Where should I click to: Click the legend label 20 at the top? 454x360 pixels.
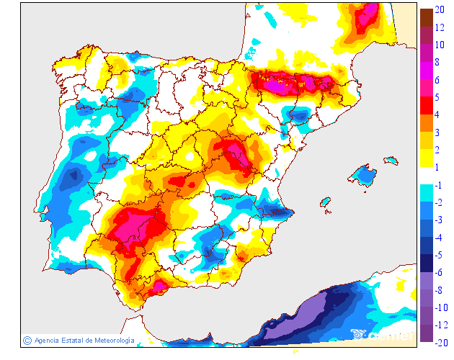pyautogui.click(x=439, y=9)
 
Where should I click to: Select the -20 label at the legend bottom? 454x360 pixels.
pyautogui.click(x=441, y=341)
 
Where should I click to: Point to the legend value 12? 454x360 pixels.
pyautogui.click(x=439, y=27)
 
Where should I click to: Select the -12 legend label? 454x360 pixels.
pyautogui.click(x=441, y=325)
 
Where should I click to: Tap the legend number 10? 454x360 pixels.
pyautogui.click(x=439, y=44)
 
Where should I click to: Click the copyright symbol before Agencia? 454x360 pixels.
pyautogui.click(x=27, y=340)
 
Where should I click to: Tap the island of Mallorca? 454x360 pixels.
pyautogui.click(x=364, y=175)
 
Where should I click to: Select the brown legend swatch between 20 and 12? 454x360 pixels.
pyautogui.click(x=426, y=17)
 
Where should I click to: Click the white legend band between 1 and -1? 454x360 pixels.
pyautogui.click(x=426, y=175)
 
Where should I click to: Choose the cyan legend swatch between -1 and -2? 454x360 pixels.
pyautogui.click(x=426, y=192)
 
